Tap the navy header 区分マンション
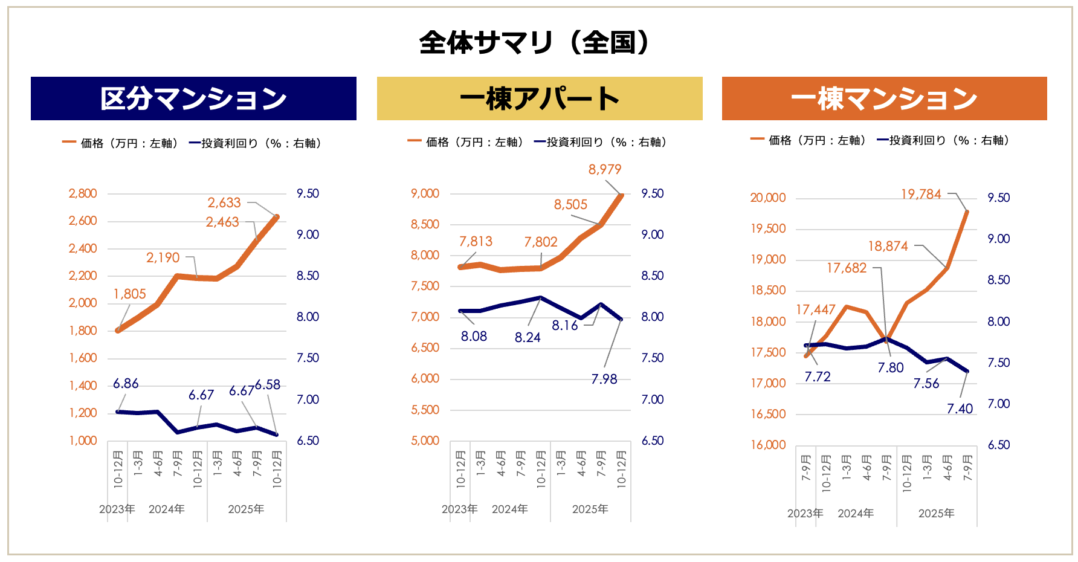point(193,99)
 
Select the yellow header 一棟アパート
point(539,99)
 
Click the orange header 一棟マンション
point(884,99)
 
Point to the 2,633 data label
point(224,203)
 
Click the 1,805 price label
point(130,294)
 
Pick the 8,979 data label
point(605,170)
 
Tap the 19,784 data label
point(921,195)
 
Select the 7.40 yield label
point(960,409)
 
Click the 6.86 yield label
point(126,384)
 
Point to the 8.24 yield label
point(528,338)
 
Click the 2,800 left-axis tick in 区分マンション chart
point(83,194)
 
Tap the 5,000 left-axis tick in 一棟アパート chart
point(425,441)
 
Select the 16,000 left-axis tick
point(768,445)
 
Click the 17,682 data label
point(847,268)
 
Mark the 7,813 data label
point(476,242)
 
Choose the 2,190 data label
point(163,258)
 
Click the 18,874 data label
point(888,247)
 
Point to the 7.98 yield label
point(604,380)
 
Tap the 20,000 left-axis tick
point(768,198)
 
